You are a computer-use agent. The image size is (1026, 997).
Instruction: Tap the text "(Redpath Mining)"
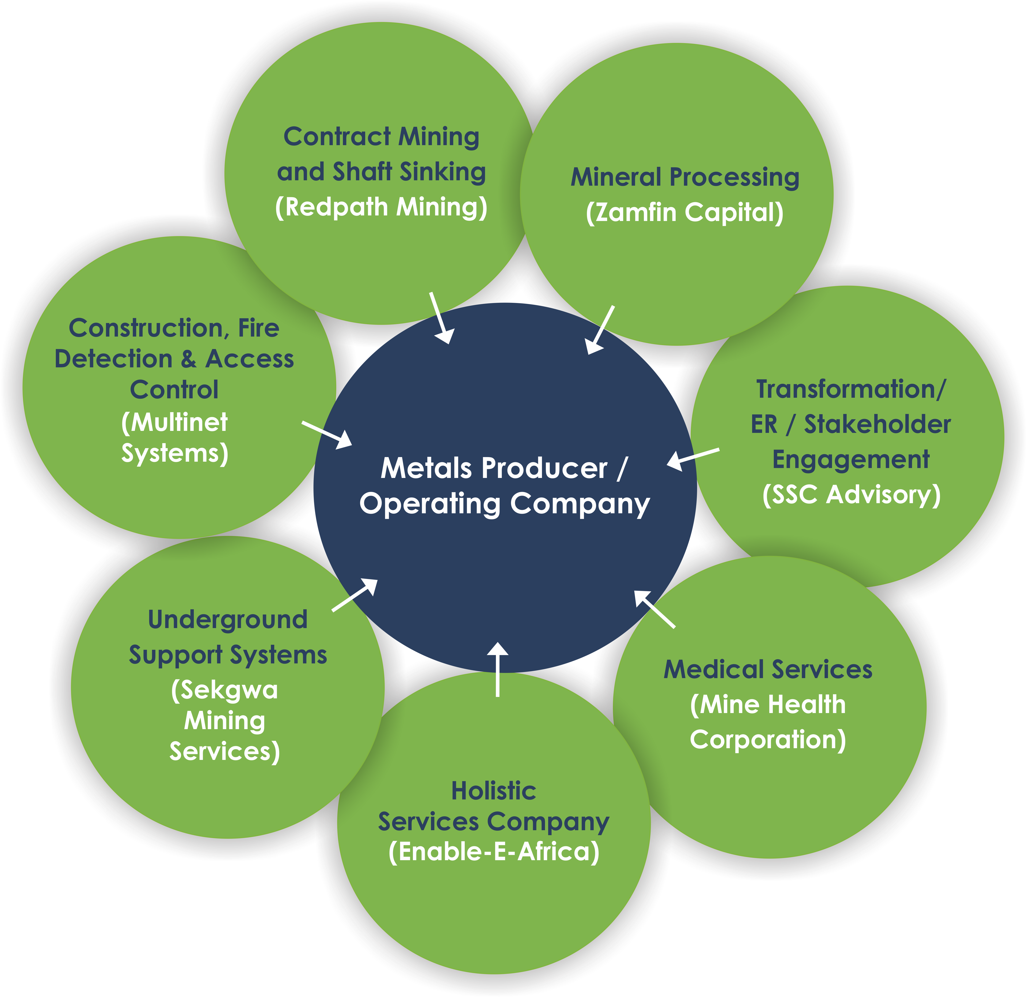pyautogui.click(x=381, y=207)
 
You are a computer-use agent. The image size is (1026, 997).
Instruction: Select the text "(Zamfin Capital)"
pyautogui.click(x=685, y=213)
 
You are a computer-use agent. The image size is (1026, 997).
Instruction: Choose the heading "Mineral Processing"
pyautogui.click(x=685, y=177)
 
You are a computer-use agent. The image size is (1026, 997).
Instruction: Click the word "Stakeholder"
pyautogui.click(x=877, y=424)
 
